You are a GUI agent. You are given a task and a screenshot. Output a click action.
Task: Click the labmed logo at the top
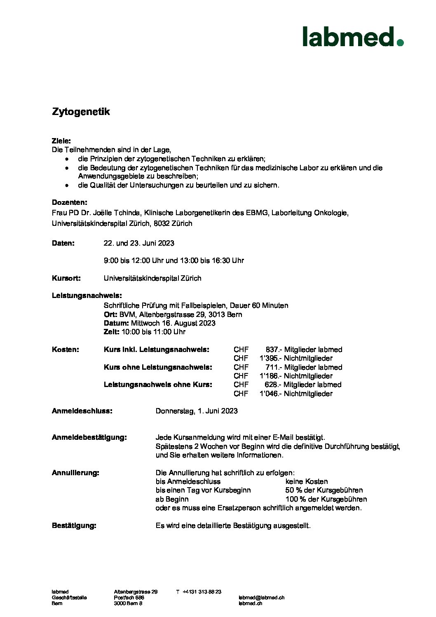(x=352, y=37)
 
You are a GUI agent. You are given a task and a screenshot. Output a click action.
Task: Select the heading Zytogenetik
(x=81, y=112)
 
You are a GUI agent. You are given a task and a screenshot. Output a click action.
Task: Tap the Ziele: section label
(x=61, y=141)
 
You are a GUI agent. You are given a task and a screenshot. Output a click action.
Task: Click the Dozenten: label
(x=70, y=202)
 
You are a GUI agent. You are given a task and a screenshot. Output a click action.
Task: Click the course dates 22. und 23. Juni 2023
(x=139, y=243)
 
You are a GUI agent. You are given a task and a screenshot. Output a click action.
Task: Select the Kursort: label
(x=66, y=278)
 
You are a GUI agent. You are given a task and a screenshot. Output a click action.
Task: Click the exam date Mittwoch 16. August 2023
(x=173, y=323)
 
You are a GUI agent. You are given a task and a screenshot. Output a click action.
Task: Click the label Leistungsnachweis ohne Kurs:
(x=158, y=385)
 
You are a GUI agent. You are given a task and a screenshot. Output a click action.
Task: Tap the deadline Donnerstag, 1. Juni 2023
(x=197, y=411)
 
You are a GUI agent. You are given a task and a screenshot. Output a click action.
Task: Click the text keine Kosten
(x=307, y=481)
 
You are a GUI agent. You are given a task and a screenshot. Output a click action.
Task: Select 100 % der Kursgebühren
(x=326, y=499)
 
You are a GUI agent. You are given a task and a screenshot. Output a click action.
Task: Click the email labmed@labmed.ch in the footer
(x=261, y=598)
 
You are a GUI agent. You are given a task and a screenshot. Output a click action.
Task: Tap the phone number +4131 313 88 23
(x=202, y=592)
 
